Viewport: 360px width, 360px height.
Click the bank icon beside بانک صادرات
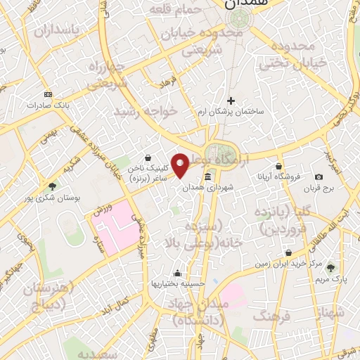tap(47, 94)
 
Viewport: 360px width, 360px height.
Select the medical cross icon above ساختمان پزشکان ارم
tap(231, 101)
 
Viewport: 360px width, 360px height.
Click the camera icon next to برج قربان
tap(320, 176)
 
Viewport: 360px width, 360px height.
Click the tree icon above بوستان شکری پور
tap(52, 186)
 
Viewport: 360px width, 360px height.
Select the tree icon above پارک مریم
tap(331, 268)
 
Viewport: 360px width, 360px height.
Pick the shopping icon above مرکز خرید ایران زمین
tap(288, 252)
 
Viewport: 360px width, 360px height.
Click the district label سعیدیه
tap(96, 353)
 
